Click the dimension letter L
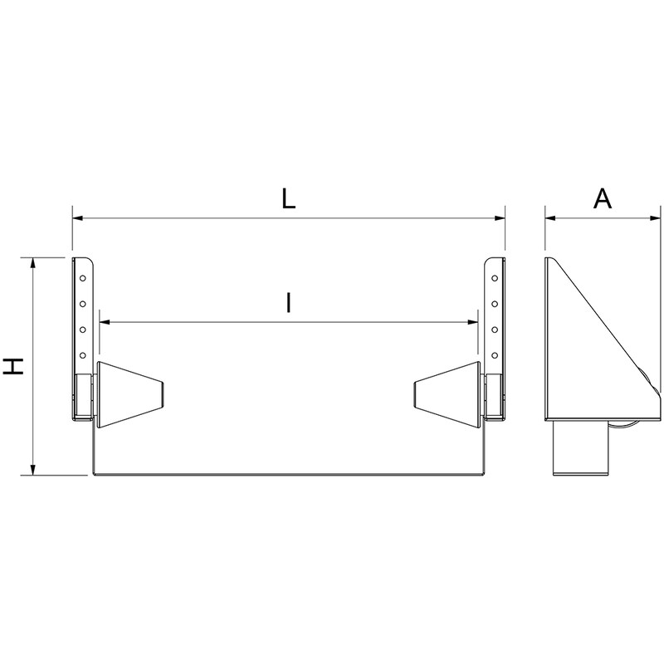point(288,198)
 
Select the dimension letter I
point(288,303)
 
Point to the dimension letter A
point(603,198)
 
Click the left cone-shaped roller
point(129,394)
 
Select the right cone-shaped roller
point(447,394)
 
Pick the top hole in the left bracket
point(82,276)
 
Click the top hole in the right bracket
point(495,276)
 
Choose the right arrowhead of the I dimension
point(473,322)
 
